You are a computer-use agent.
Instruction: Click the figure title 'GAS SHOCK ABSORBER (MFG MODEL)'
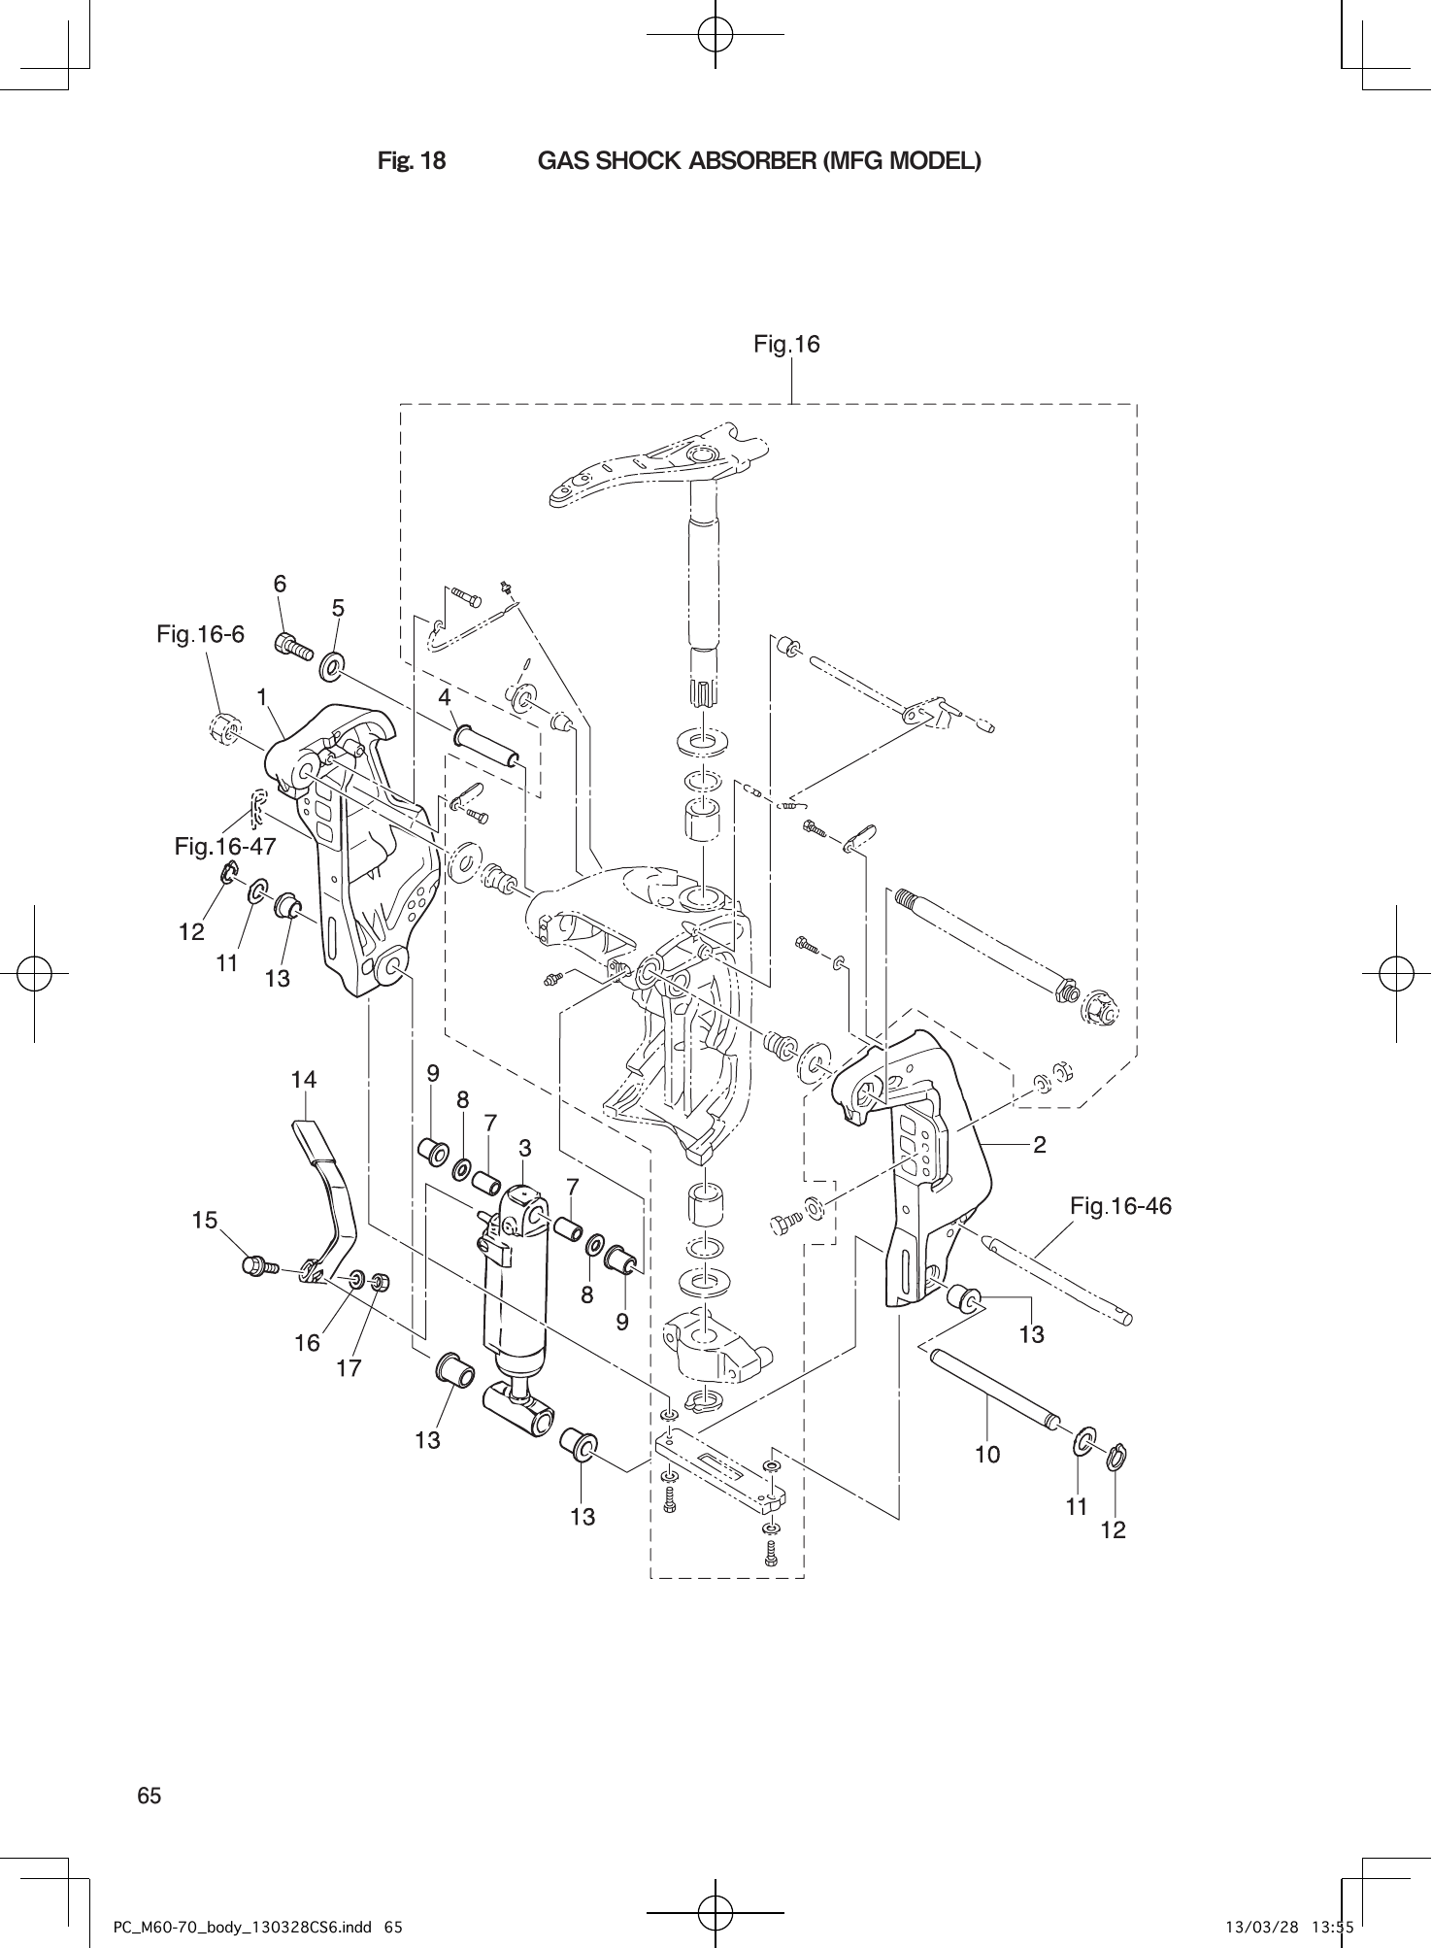[758, 161]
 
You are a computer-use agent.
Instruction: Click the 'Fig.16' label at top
[786, 344]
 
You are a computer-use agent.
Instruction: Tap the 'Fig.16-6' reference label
[200, 635]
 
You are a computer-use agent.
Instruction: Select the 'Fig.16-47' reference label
[225, 847]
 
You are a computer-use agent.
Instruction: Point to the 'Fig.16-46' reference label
[1120, 1206]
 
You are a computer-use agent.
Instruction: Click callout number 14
[304, 1079]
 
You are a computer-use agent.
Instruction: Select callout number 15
[205, 1220]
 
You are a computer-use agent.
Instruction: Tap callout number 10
[987, 1454]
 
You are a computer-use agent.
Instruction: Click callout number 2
[1040, 1145]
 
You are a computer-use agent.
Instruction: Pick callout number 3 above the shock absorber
[524, 1148]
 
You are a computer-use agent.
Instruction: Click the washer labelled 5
[332, 666]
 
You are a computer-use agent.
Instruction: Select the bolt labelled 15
[258, 1266]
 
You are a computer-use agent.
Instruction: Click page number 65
[150, 1796]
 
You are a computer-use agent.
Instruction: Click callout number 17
[349, 1368]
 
